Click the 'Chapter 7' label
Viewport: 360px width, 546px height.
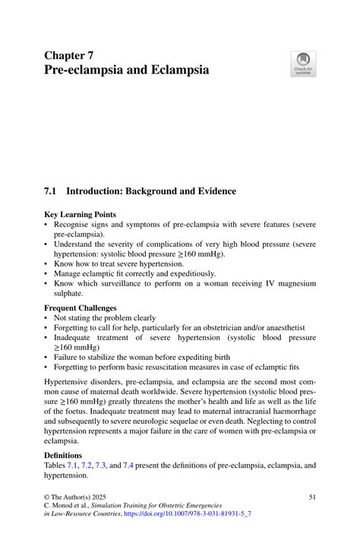pyautogui.click(x=69, y=55)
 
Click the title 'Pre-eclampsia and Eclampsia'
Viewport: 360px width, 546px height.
pyautogui.click(x=126, y=71)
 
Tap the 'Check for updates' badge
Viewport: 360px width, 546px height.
pyautogui.click(x=303, y=64)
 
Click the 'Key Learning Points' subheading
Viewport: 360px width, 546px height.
pyautogui.click(x=80, y=215)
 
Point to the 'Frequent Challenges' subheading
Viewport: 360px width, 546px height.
pyautogui.click(x=81, y=308)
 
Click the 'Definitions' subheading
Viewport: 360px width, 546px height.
pyautogui.click(x=63, y=456)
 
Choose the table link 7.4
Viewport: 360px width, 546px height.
pyautogui.click(x=138, y=466)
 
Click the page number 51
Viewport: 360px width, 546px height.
pyautogui.click(x=311, y=496)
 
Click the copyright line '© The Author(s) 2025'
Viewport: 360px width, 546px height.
pyautogui.click(x=81, y=496)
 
